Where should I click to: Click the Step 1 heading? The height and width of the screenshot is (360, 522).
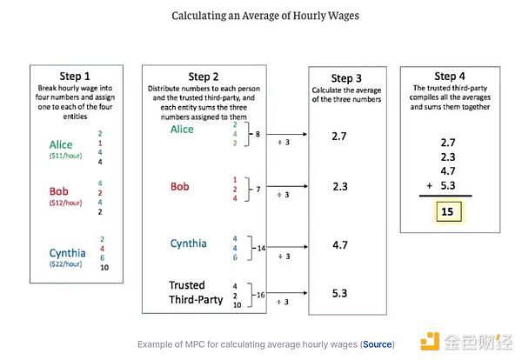click(81, 76)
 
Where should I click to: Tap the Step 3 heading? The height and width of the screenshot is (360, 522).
click(346, 78)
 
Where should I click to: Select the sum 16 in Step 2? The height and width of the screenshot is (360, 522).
click(261, 296)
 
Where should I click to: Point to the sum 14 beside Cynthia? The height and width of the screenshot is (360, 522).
click(261, 248)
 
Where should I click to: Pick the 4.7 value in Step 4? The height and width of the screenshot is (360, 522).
click(449, 171)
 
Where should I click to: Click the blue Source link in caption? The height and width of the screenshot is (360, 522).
click(378, 344)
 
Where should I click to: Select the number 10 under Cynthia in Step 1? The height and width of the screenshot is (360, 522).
click(104, 268)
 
